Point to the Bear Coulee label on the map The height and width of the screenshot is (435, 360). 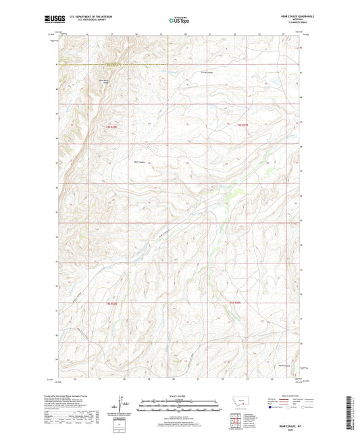click(x=141, y=161)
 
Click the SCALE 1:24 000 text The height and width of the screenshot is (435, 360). click(x=180, y=396)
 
